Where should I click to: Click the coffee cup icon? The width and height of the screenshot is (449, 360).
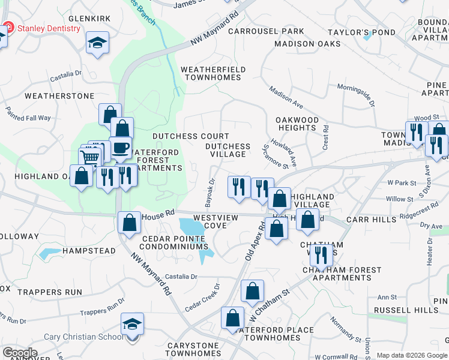click(121, 148)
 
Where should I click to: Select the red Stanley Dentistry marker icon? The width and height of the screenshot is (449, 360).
click(8, 28)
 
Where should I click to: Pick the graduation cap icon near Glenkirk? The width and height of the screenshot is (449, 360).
click(97, 43)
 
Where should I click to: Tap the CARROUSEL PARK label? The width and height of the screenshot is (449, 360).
click(266, 31)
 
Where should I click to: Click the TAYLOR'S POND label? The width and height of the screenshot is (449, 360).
click(361, 32)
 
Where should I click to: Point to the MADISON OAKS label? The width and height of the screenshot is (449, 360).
click(307, 44)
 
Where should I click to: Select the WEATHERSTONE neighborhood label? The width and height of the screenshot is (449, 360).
click(59, 96)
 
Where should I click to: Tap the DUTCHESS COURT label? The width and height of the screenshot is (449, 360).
click(191, 137)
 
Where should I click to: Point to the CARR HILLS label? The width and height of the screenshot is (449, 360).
click(372, 220)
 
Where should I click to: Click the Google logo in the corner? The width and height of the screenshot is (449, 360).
click(20, 353)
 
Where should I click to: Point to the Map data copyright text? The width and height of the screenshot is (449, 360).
click(412, 355)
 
